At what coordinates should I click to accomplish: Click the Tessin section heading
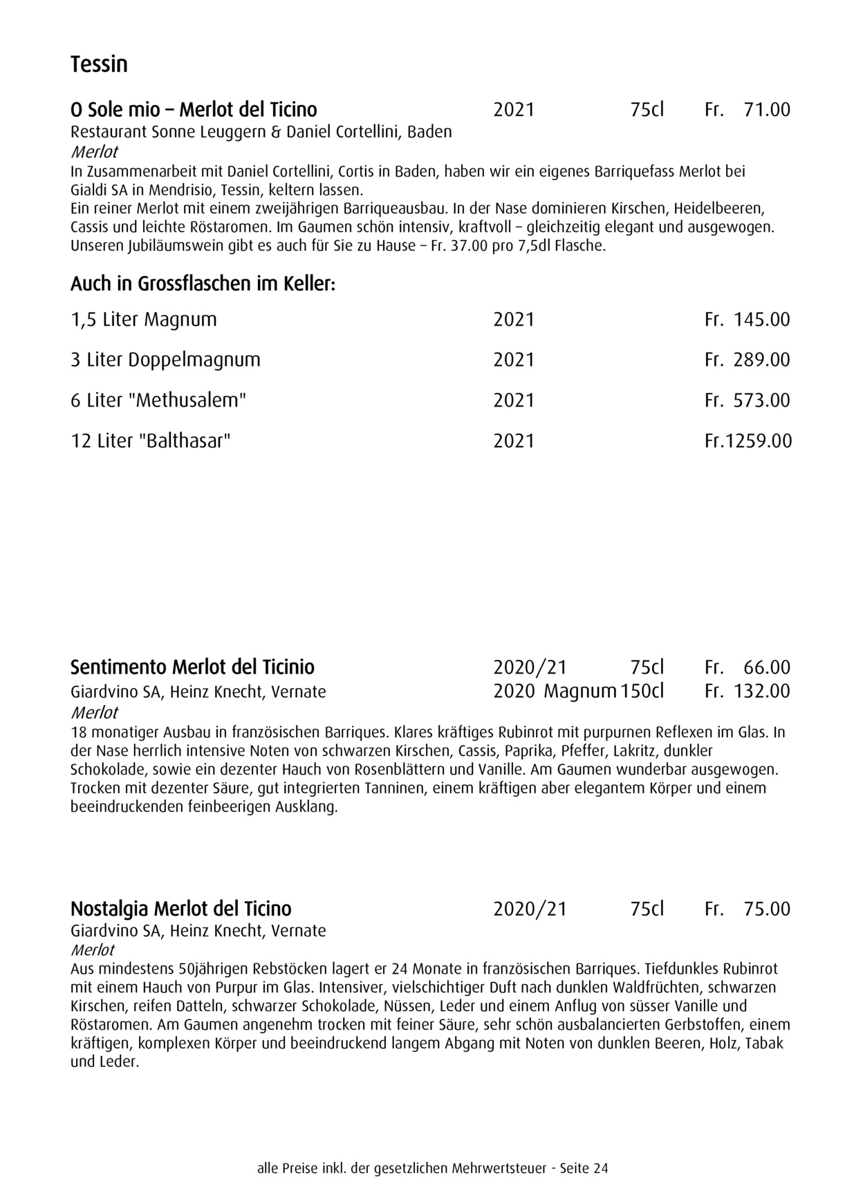(x=99, y=64)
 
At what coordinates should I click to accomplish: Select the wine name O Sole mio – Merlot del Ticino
(x=194, y=110)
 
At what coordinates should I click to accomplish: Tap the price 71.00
(x=766, y=110)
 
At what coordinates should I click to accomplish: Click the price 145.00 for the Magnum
(x=761, y=319)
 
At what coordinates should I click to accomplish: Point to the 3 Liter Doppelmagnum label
(x=165, y=360)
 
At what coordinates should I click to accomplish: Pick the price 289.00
(x=761, y=360)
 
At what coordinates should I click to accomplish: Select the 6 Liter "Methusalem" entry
(x=158, y=400)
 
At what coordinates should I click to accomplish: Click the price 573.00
(x=761, y=400)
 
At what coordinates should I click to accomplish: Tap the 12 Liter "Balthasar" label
(x=150, y=441)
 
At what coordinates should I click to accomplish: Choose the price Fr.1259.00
(x=748, y=441)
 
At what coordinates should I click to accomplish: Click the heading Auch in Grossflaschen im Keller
(x=203, y=284)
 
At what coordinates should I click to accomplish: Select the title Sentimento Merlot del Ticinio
(x=192, y=667)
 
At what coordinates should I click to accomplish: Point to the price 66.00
(x=766, y=667)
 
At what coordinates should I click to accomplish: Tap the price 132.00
(x=761, y=691)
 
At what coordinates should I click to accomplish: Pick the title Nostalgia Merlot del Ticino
(x=181, y=909)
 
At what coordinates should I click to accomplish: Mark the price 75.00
(x=766, y=909)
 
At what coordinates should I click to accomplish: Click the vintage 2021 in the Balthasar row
(x=514, y=441)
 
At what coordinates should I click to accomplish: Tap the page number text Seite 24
(x=584, y=1169)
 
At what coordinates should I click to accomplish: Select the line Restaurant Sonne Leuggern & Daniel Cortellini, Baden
(x=261, y=132)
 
